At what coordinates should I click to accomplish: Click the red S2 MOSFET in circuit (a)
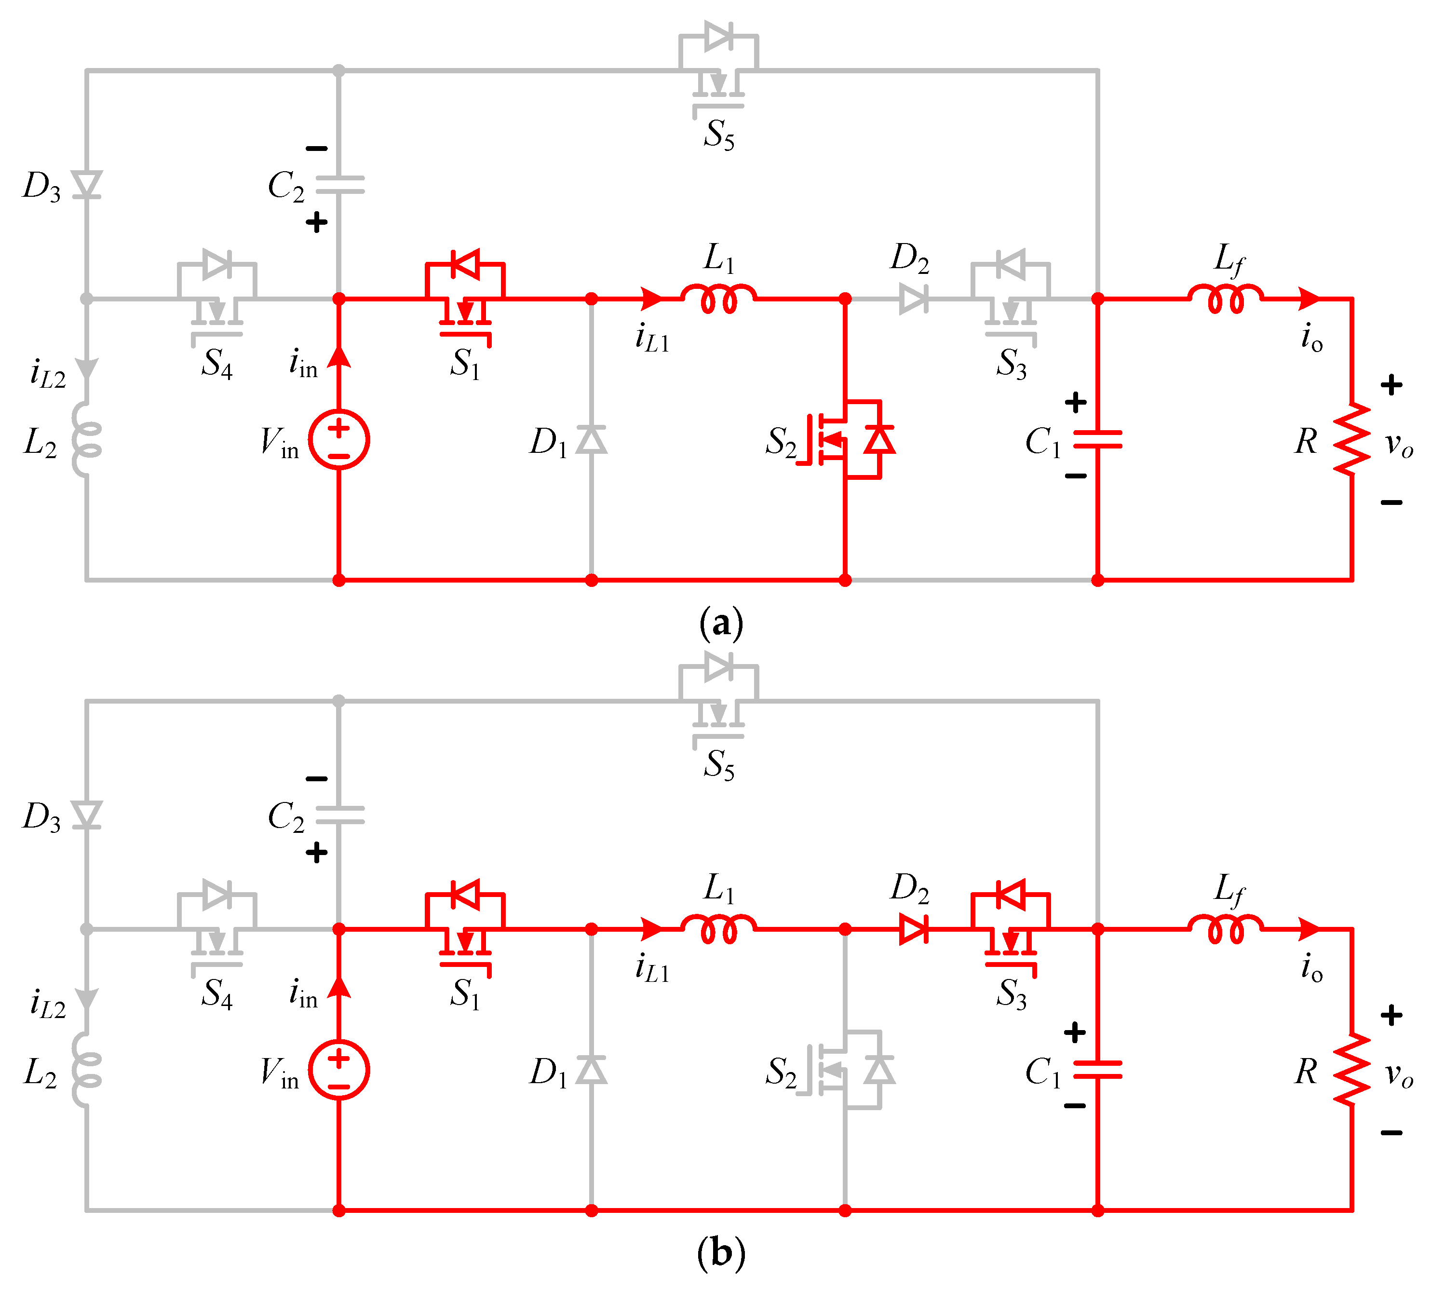[x=844, y=440]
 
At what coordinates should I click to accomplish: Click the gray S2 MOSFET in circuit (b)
[x=844, y=1070]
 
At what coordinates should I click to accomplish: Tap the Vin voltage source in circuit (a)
[x=339, y=440]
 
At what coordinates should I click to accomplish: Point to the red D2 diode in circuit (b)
[x=913, y=929]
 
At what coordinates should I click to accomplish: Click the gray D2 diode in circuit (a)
[x=913, y=299]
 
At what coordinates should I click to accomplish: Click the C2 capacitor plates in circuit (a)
[x=339, y=185]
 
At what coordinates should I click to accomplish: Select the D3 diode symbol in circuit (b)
[x=86, y=815]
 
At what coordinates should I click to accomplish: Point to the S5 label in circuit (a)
[x=718, y=135]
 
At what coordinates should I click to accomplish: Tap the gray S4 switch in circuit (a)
[x=216, y=298]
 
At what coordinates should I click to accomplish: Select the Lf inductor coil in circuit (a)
[x=1225, y=299]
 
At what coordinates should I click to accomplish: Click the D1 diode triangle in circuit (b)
[x=592, y=1070]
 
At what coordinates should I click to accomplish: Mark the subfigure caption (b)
[x=720, y=1253]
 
